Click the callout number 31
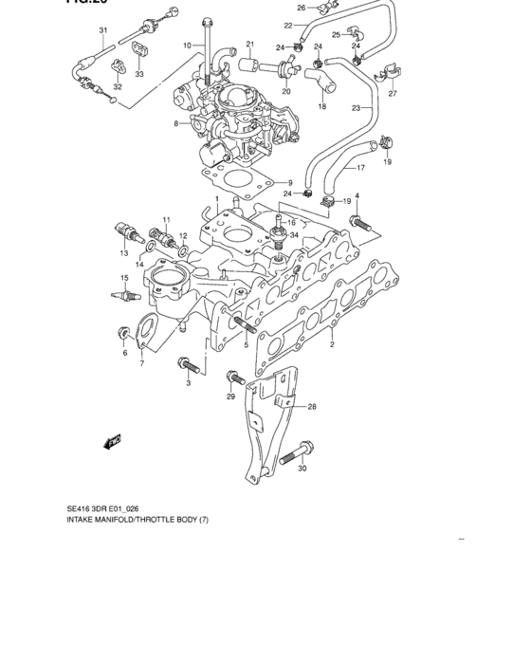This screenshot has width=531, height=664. (x=103, y=30)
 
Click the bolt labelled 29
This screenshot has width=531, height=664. (x=231, y=379)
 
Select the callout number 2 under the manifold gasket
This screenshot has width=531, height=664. (x=332, y=345)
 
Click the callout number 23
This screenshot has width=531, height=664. (x=356, y=108)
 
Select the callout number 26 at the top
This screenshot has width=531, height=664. (x=302, y=8)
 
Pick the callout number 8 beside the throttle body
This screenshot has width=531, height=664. (x=175, y=123)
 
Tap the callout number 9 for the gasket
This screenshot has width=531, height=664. (x=290, y=183)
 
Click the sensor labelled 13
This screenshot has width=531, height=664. (x=123, y=233)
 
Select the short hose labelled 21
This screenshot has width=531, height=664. (x=250, y=65)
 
